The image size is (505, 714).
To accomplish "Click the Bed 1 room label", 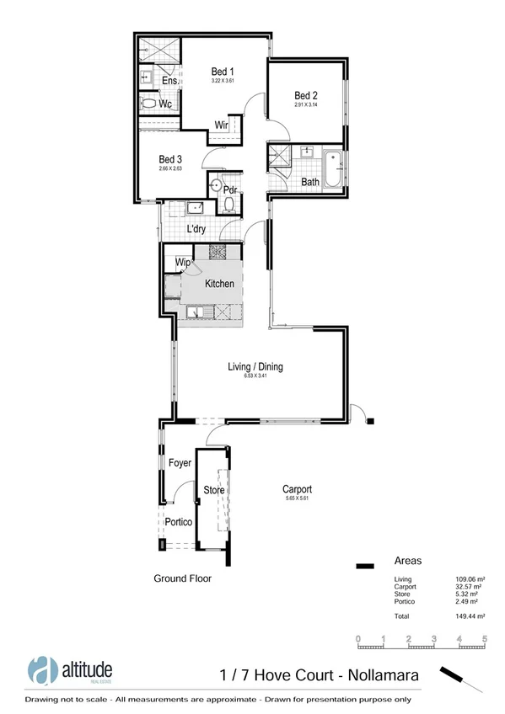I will [223, 72].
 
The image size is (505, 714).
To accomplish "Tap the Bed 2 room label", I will [306, 95].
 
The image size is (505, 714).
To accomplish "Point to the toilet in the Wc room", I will [149, 104].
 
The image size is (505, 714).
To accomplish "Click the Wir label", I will [223, 125].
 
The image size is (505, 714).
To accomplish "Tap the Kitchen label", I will [219, 284].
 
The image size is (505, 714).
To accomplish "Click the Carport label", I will [298, 489].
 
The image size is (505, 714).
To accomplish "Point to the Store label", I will [212, 489].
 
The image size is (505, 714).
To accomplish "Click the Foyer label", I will [180, 463].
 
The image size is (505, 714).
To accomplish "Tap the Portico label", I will [179, 522].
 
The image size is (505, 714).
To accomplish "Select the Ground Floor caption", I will [182, 578].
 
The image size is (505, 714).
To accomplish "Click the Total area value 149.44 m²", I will [467, 617].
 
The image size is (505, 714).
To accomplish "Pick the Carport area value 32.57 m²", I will [467, 587].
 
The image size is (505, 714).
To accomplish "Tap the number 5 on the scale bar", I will [485, 639].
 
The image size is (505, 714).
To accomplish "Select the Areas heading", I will [408, 561].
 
